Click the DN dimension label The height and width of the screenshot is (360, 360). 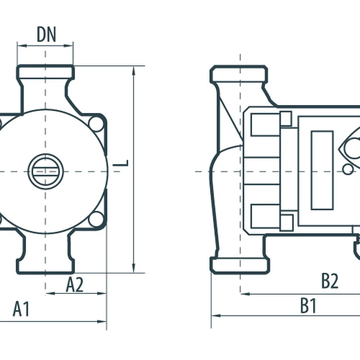tap(46, 35)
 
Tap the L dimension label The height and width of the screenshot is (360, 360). tap(121, 163)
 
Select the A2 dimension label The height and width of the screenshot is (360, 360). tap(75, 284)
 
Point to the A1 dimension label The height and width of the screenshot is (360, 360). tap(21, 309)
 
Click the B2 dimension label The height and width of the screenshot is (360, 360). tap(330, 280)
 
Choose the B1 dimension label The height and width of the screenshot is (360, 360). tap(308, 306)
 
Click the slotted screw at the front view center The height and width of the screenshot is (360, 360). tap(45, 171)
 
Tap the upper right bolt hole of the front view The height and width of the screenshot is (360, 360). tap(96, 124)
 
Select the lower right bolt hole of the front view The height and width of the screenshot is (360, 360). tap(96, 220)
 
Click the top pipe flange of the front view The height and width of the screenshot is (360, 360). tap(45, 72)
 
